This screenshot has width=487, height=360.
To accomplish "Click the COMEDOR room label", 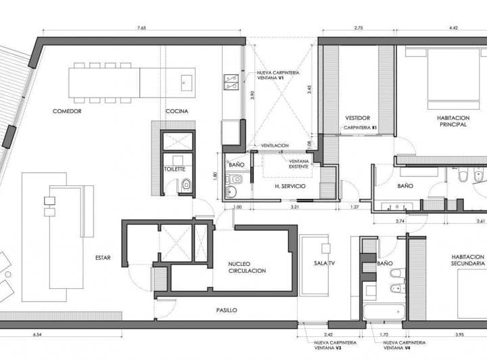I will point(67,111).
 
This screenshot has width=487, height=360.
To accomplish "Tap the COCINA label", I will point(177,111).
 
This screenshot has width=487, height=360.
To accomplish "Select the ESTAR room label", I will point(103,257).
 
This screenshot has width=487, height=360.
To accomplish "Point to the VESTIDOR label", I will point(357,117).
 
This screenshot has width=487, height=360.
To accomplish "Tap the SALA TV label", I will point(325,263).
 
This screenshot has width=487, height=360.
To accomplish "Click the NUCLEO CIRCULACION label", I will point(247,267).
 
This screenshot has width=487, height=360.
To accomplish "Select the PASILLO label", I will point(227,310).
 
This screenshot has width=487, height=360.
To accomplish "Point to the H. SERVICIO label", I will point(287,186).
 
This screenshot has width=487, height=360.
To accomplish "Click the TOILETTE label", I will point(175,169).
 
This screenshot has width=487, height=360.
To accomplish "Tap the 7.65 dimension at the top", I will point(142,28).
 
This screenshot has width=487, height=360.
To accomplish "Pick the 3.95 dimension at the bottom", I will point(459,335).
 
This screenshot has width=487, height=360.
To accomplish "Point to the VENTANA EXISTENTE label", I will point(299,164).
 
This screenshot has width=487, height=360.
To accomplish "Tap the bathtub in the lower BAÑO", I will point(383,312).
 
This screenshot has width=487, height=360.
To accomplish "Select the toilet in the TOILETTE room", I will point(186,184).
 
